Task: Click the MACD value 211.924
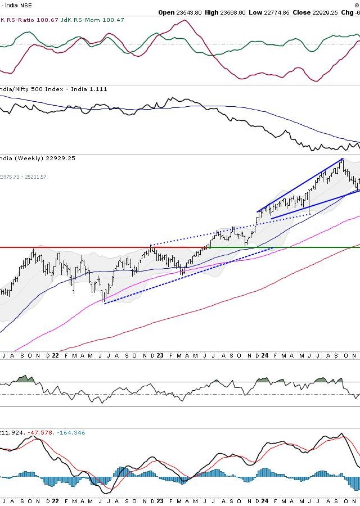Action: pyautogui.click(x=10, y=432)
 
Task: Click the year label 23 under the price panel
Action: pyautogui.click(x=159, y=355)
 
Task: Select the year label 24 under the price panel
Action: pyautogui.click(x=264, y=355)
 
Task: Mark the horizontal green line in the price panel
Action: pyautogui.click(x=281, y=247)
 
